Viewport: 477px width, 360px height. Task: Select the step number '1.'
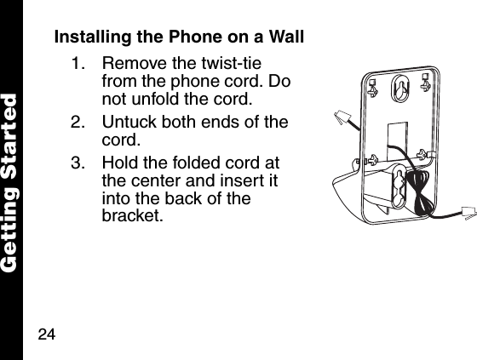pos(79,65)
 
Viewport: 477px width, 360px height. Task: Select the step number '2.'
pos(79,123)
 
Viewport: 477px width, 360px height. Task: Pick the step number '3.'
pos(79,163)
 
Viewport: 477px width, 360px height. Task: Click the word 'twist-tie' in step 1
pos(233,65)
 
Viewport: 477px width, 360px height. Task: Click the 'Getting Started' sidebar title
pos(11,180)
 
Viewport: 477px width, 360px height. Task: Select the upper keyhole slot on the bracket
pos(399,89)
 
